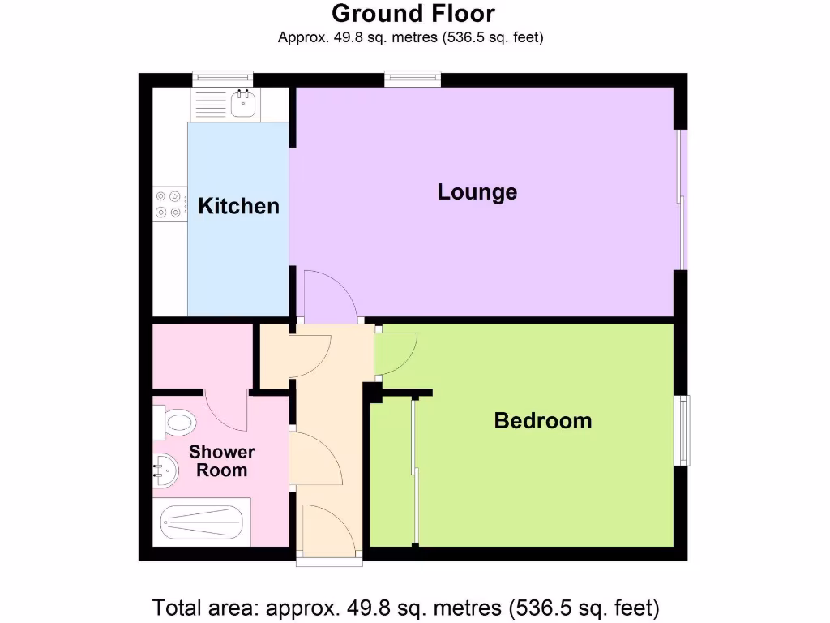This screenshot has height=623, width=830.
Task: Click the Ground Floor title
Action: pyautogui.click(x=413, y=14)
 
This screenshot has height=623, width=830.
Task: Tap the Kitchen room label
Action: pyautogui.click(x=238, y=206)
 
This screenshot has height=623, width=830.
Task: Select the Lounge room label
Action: pyautogui.click(x=477, y=192)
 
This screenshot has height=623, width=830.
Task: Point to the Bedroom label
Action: pyautogui.click(x=542, y=421)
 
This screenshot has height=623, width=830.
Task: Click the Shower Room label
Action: pyautogui.click(x=221, y=461)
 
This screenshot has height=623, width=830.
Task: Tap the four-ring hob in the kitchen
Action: pyautogui.click(x=169, y=204)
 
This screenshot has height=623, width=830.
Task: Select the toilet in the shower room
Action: pyautogui.click(x=176, y=422)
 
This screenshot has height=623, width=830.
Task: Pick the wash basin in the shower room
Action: pyautogui.click(x=165, y=470)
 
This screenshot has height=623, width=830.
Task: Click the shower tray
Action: pyautogui.click(x=200, y=523)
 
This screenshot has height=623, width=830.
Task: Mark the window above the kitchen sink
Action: pyautogui.click(x=222, y=79)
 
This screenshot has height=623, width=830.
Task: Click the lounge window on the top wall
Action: pyautogui.click(x=413, y=79)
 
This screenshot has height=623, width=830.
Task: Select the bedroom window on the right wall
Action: pyautogui.click(x=683, y=430)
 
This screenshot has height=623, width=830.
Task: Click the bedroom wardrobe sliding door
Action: pyautogui.click(x=414, y=470)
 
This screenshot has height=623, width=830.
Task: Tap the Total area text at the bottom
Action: pyautogui.click(x=406, y=607)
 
